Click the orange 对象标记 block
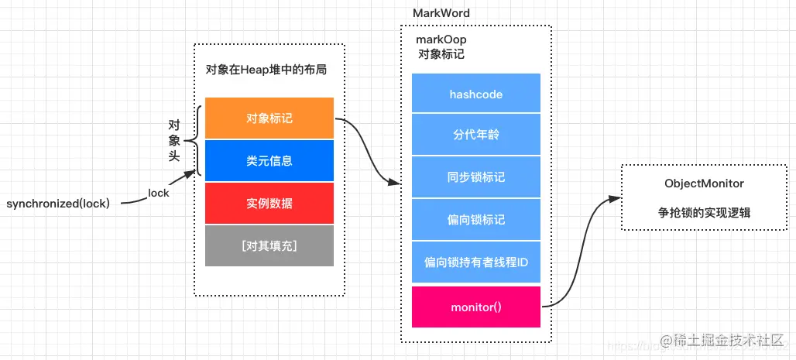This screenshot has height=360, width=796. (269, 118)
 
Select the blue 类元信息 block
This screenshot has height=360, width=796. (269, 161)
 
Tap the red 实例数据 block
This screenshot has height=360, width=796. (269, 204)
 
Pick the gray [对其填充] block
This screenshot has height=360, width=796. (269, 246)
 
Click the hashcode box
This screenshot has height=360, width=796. (476, 94)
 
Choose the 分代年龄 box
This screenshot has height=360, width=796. (476, 135)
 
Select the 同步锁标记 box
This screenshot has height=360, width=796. (476, 177)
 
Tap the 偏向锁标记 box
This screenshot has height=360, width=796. (476, 220)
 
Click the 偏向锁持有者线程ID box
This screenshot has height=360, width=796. (476, 262)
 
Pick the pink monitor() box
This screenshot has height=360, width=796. (476, 307)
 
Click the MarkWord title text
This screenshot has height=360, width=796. (441, 14)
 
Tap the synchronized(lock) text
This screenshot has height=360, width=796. (58, 204)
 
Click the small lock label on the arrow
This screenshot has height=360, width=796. (158, 193)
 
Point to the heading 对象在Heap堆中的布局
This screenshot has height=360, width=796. (266, 70)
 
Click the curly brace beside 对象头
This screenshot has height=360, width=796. (197, 141)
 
